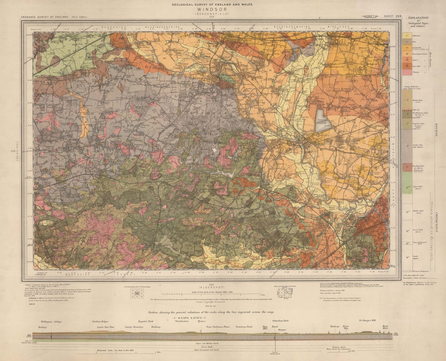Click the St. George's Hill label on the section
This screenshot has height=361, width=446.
[367, 321]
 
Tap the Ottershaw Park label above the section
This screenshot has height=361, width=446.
[280, 321]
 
